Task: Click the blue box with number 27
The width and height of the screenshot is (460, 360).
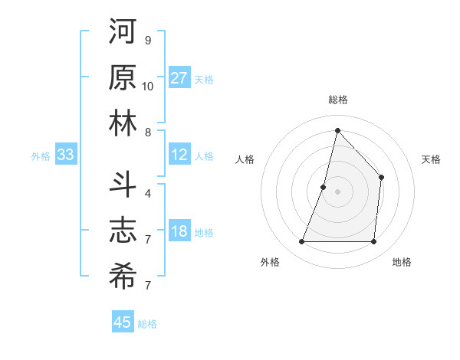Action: pos(179,78)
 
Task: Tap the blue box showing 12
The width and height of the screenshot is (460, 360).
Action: pos(179,155)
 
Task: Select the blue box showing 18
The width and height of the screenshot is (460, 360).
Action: pos(179,232)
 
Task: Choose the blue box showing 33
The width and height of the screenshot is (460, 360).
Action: pos(65,155)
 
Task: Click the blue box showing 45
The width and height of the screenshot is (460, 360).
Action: pos(123,322)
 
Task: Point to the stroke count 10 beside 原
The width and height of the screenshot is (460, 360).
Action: pos(148,87)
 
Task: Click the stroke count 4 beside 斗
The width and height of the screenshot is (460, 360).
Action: pos(148,194)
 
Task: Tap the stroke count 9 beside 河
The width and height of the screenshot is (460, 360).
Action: pos(148,40)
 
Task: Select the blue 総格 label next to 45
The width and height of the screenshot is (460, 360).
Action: pos(147,324)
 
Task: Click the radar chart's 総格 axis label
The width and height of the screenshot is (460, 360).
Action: pos(337,100)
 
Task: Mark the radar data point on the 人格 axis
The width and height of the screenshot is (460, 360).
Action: pos(324,187)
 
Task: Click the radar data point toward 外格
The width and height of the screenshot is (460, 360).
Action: pos(301,242)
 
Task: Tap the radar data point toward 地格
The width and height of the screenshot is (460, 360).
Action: pos(374,242)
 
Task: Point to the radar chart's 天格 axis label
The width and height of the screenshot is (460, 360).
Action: pos(432,159)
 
